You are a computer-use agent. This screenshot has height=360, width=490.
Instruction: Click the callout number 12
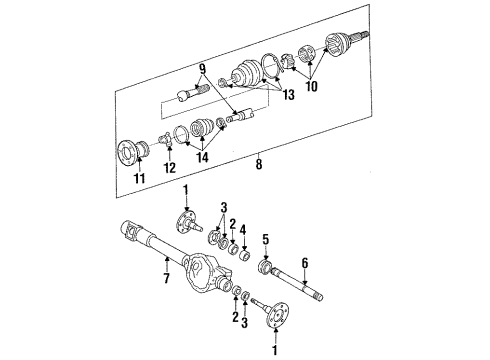point(171,167)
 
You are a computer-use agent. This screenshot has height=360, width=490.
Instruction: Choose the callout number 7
point(165,263)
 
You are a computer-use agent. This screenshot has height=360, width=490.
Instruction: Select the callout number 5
point(267,240)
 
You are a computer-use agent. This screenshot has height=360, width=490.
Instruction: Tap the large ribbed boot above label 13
point(246,76)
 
